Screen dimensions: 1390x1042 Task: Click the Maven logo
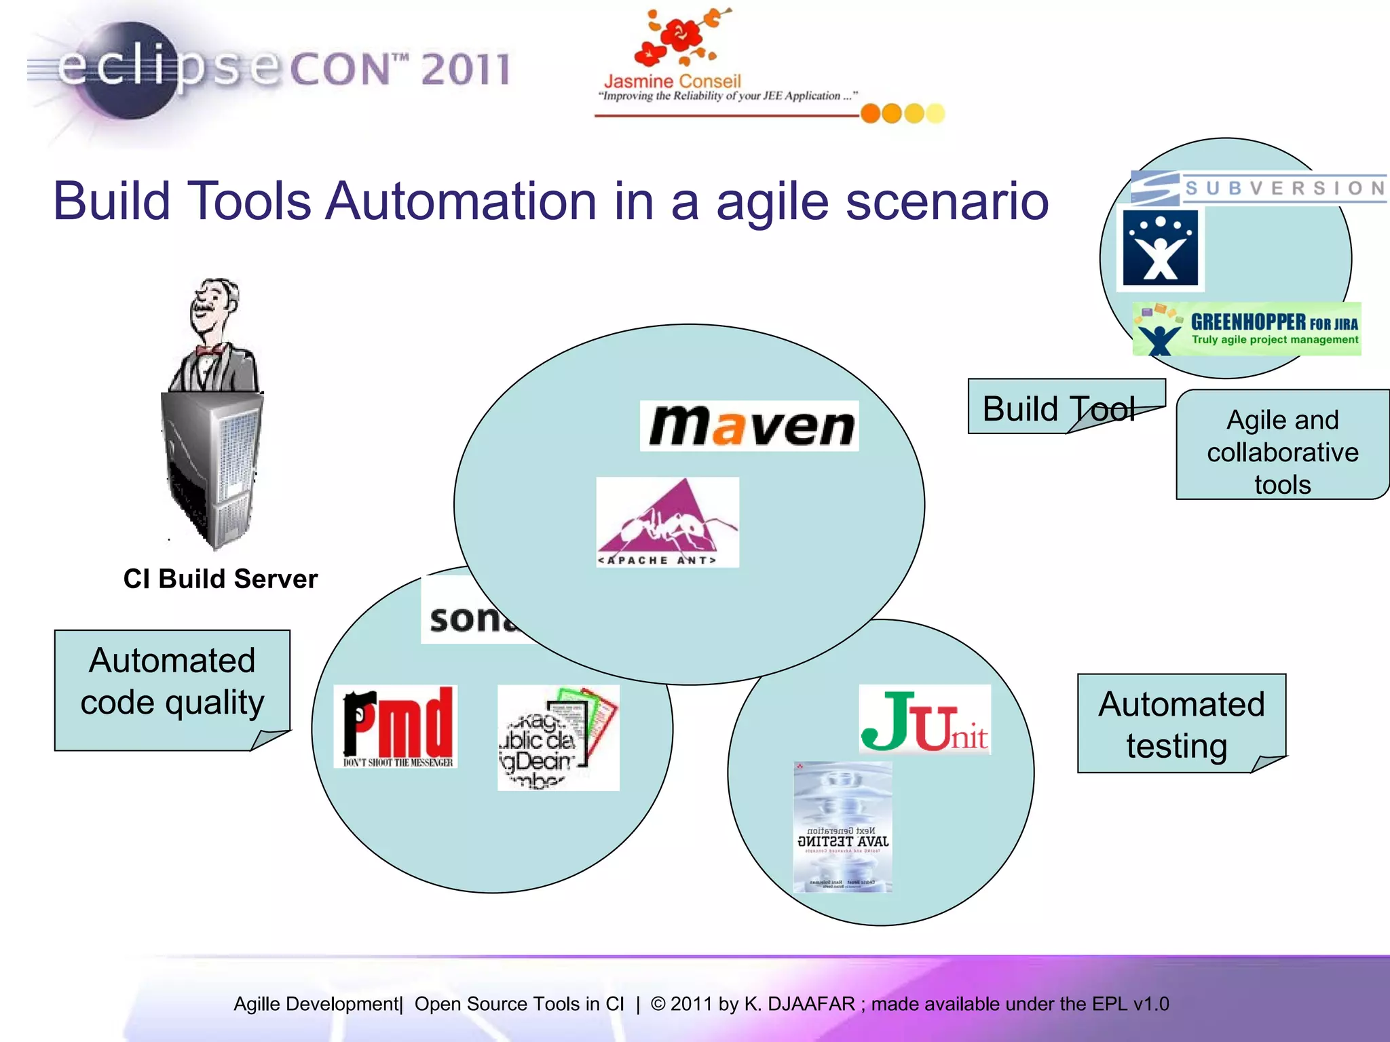coord(749,426)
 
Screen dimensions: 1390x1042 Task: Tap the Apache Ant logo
coord(667,522)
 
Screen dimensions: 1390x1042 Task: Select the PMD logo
coord(396,726)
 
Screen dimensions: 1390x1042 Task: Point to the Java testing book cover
coord(843,827)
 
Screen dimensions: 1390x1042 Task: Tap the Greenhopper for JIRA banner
coord(1247,329)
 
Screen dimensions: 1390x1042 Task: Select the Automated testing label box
coord(1181,724)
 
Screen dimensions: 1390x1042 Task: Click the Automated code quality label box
coord(172,682)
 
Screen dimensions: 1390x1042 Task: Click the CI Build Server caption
coord(221,579)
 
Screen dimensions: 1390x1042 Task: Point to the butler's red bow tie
coord(210,350)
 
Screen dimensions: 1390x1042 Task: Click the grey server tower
coord(212,468)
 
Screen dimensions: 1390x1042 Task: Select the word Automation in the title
coord(462,201)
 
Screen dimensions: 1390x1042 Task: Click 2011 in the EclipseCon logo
coord(465,69)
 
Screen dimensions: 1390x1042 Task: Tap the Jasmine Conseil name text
coord(672,81)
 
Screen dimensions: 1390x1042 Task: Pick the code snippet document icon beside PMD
coord(558,737)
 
